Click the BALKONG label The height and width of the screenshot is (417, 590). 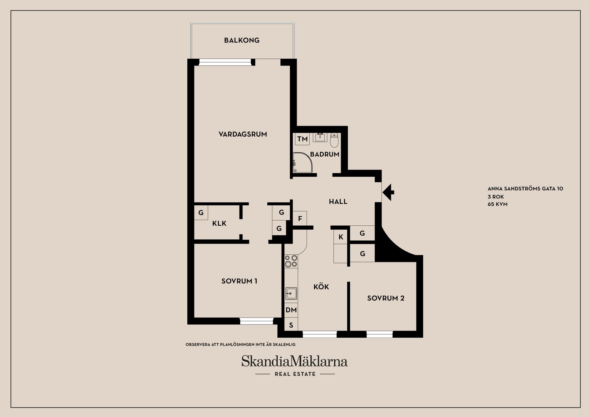242,40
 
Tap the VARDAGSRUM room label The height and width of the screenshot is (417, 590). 243,134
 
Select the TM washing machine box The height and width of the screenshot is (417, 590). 303,139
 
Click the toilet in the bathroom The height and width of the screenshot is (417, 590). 334,140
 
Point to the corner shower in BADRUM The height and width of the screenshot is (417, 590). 303,162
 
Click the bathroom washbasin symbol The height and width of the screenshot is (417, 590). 320,137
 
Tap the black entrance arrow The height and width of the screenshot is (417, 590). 388,192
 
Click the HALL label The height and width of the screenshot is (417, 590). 338,202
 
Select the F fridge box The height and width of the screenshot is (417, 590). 300,219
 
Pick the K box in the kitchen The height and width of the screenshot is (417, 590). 340,237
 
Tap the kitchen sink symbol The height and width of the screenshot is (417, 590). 291,294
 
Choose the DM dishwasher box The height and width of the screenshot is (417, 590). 291,310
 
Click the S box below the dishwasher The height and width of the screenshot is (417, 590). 291,325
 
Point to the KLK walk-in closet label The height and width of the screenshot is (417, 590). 219,224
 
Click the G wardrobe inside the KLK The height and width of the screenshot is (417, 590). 201,212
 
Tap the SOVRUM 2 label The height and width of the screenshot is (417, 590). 385,298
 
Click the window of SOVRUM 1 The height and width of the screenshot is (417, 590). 256,321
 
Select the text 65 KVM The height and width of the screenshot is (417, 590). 497,204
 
